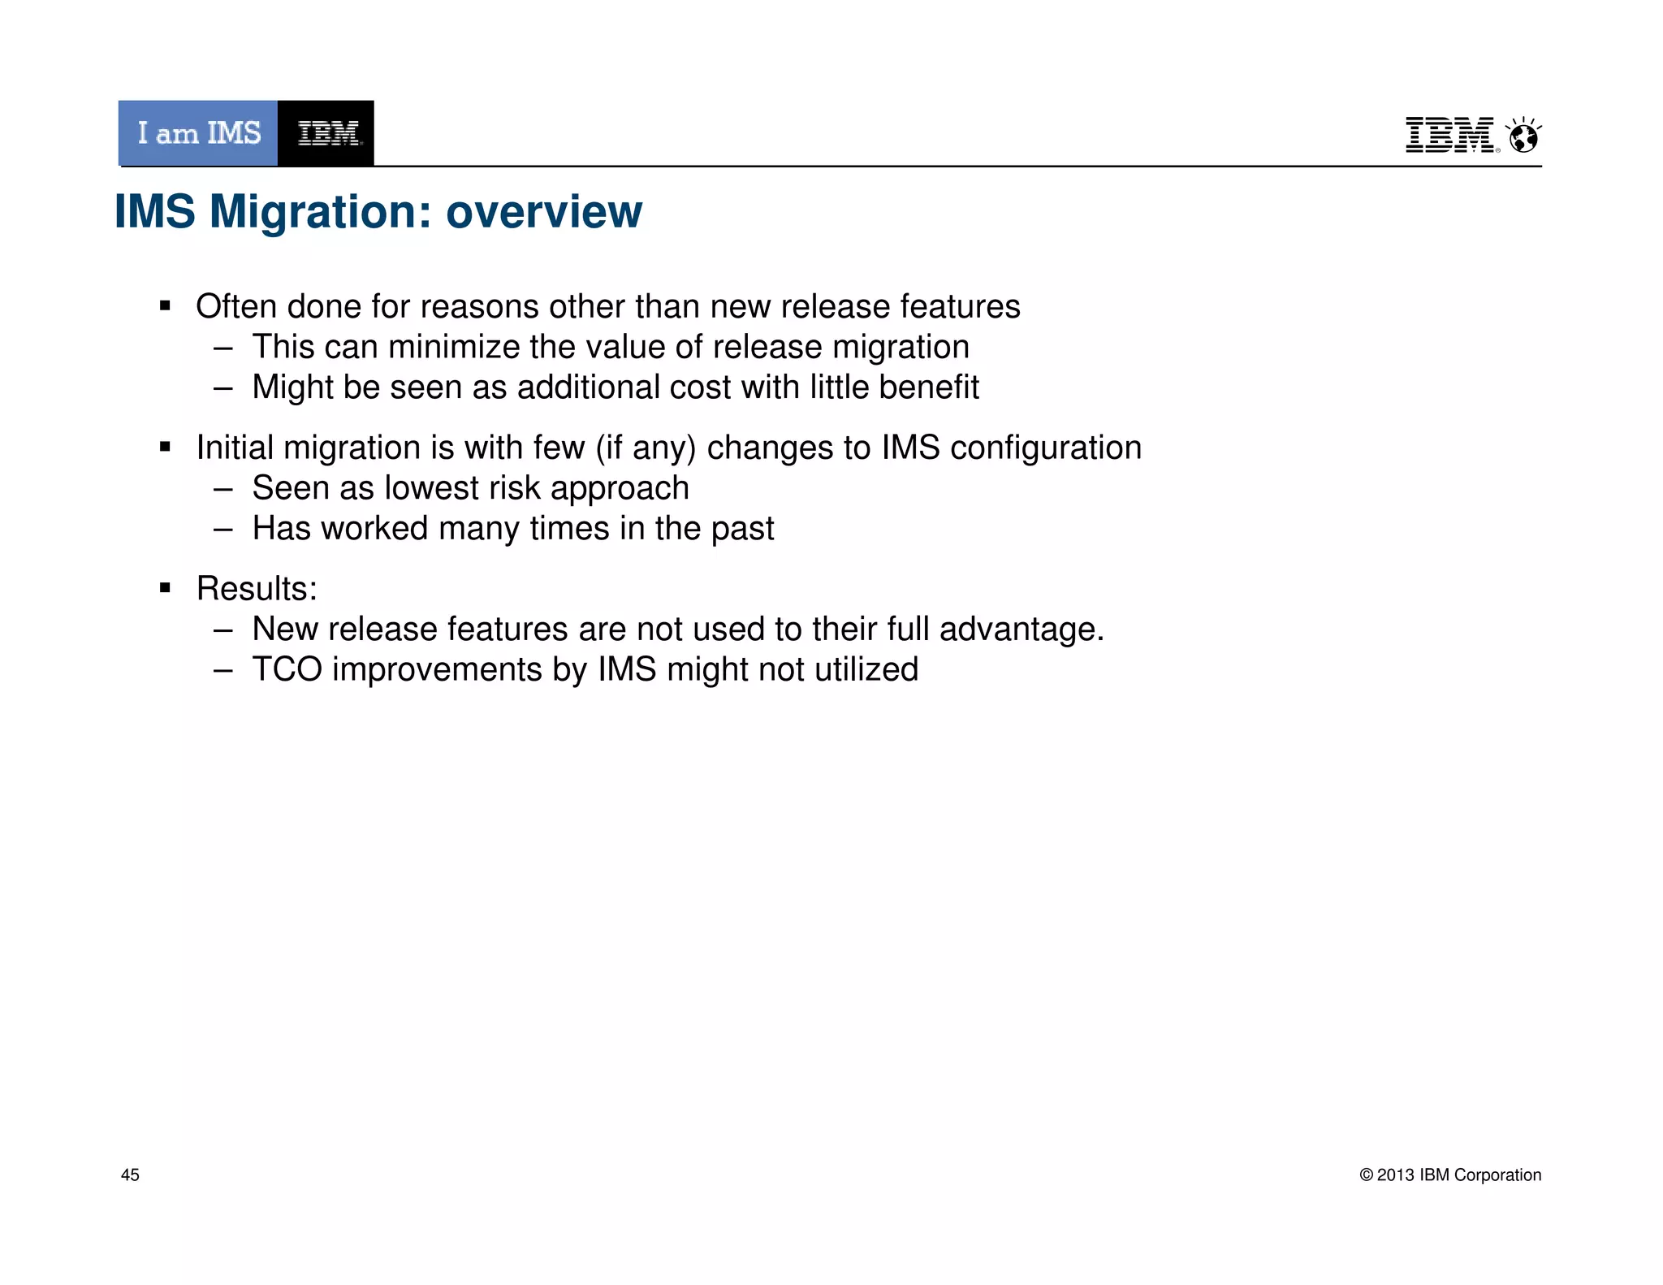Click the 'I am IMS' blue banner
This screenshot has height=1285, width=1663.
point(198,133)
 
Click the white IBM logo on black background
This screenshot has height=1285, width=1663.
point(326,133)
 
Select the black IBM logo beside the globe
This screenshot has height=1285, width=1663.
point(1450,135)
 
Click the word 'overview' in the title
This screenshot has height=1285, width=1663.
point(544,212)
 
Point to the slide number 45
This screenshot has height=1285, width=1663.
point(130,1175)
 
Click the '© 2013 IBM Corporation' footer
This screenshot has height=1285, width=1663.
point(1450,1175)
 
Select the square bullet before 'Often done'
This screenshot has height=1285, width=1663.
point(166,307)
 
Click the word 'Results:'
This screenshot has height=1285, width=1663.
point(257,589)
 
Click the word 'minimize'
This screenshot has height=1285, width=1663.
point(454,348)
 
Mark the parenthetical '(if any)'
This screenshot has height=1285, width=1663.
point(646,448)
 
